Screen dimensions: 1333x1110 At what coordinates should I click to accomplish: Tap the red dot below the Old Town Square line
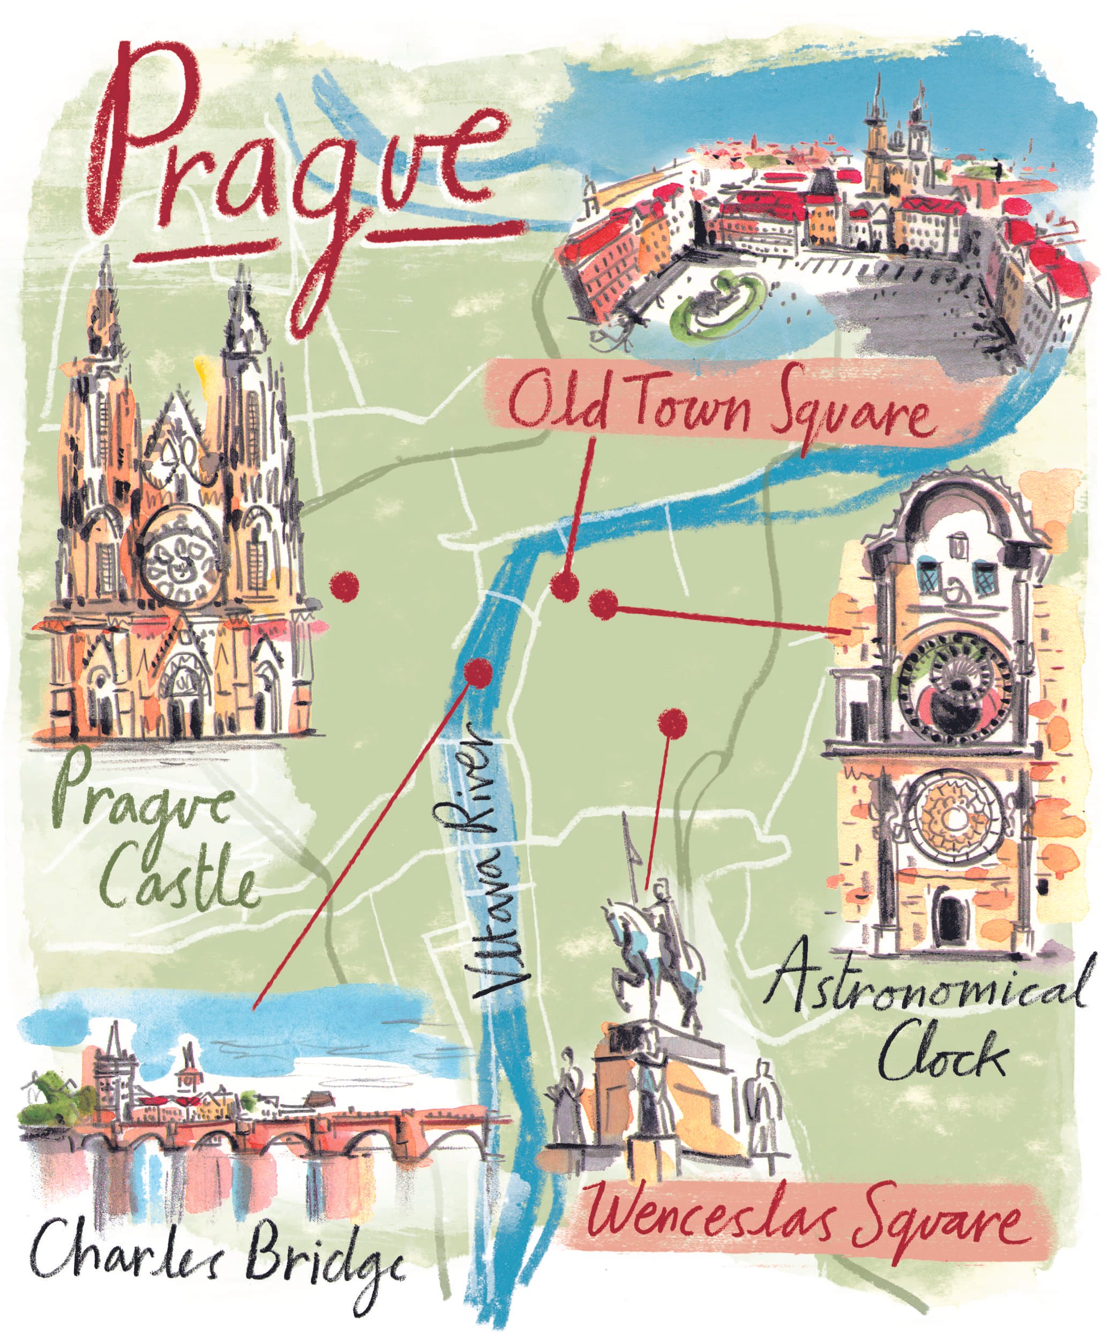565,586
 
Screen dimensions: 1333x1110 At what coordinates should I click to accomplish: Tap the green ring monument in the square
717,302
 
